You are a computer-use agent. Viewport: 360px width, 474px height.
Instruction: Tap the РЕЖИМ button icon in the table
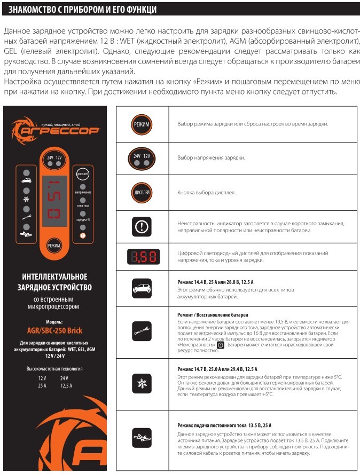tap(142, 124)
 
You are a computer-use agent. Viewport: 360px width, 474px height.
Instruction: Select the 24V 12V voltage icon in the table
tap(142, 158)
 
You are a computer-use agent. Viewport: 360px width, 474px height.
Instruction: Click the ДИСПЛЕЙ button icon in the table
tap(142, 192)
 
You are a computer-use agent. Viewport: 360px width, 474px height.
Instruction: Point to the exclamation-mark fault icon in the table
tap(142, 226)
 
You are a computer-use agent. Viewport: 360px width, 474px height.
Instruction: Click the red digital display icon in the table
tap(142, 257)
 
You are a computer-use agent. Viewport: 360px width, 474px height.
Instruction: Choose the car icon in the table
tap(142, 289)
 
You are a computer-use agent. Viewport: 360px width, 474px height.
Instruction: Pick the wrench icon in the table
tap(142, 331)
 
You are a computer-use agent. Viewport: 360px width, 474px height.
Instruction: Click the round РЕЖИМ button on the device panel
tap(54, 246)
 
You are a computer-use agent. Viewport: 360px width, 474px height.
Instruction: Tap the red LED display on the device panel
tap(54, 203)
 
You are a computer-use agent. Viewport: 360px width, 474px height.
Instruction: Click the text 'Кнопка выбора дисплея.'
tap(206, 192)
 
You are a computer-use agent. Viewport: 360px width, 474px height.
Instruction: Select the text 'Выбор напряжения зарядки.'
tap(211, 158)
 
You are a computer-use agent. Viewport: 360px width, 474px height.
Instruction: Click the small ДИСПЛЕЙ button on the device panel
tap(83, 174)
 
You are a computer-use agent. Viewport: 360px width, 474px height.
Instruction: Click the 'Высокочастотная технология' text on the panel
tap(54, 369)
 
